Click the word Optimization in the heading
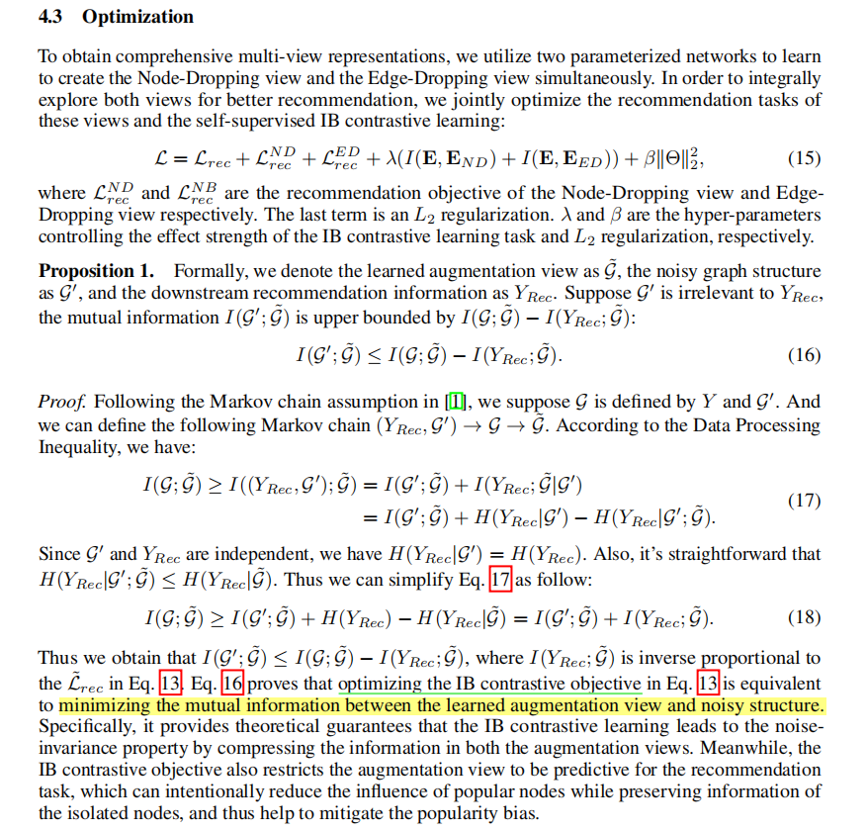(138, 17)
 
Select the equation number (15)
(804, 158)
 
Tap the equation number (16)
(804, 355)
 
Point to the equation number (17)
(804, 501)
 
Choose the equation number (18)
(804, 618)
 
